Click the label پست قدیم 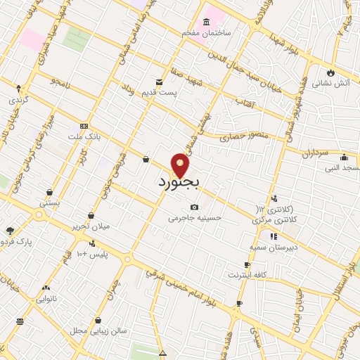176,92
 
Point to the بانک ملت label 85,136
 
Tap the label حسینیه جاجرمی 195,218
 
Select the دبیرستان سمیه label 273,247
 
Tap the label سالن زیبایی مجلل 98,330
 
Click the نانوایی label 47,298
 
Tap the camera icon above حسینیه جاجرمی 195,207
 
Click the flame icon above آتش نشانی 330,72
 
